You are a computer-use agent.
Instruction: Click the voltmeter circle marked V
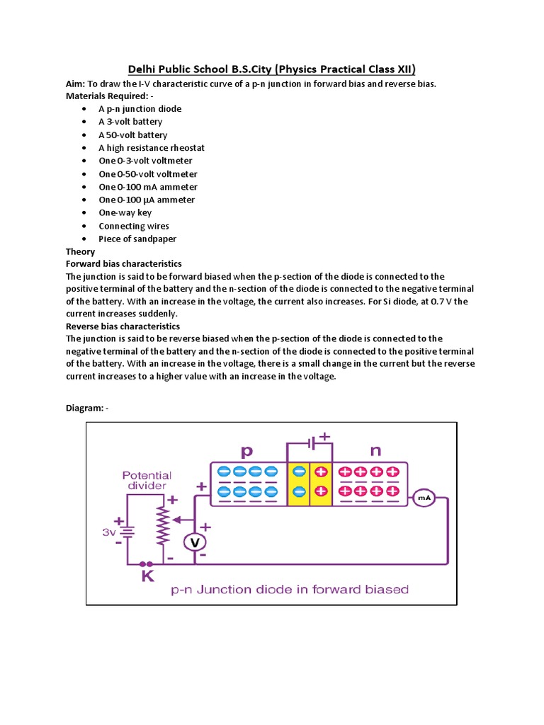pyautogui.click(x=195, y=542)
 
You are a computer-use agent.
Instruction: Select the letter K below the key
pyautogui.click(x=148, y=576)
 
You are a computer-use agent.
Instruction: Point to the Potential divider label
pyautogui.click(x=147, y=481)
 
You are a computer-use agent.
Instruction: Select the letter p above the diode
pyautogui.click(x=247, y=450)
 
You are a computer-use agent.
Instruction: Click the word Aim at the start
pyautogui.click(x=75, y=84)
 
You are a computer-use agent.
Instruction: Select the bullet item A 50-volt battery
pyautogui.click(x=133, y=135)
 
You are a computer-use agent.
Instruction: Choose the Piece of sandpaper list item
pyautogui.click(x=137, y=239)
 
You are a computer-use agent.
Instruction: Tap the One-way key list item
pyautogui.click(x=125, y=213)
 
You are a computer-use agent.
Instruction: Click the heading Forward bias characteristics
pyautogui.click(x=124, y=264)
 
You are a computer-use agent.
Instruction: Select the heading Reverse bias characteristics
pyautogui.click(x=123, y=326)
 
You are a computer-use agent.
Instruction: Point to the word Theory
pyautogui.click(x=80, y=251)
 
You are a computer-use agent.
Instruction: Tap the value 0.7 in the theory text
pyautogui.click(x=458, y=302)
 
